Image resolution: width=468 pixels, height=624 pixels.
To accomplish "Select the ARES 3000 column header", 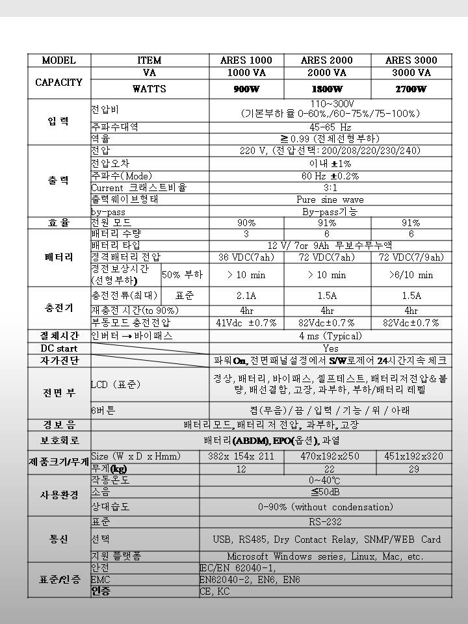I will [411, 60].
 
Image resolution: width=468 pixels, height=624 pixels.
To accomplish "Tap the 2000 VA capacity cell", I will [327, 73].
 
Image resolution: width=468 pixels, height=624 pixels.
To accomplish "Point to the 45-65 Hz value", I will [330, 127].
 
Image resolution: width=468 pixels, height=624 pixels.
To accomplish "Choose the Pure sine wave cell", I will [330, 200].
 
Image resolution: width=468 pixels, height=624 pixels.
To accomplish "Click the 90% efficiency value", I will [246, 222].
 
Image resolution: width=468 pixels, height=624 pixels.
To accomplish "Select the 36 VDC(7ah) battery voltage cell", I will [246, 257].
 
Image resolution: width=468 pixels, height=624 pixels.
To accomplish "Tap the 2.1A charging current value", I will [246, 296].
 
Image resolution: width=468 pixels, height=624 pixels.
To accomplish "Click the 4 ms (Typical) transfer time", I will [330, 336].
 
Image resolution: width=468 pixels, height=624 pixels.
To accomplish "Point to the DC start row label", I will [59, 348].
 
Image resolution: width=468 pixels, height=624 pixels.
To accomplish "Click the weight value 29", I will [413, 469].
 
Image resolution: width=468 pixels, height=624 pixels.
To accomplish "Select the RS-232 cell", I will [330, 522].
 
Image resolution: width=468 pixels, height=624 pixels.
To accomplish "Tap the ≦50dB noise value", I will [330, 493].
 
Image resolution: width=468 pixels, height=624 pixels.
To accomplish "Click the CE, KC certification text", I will [214, 591].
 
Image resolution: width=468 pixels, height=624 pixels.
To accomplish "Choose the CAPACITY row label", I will [59, 82].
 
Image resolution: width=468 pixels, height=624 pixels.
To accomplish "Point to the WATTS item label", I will [149, 89].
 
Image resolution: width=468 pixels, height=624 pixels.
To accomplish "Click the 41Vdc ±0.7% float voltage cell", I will [246, 323].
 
